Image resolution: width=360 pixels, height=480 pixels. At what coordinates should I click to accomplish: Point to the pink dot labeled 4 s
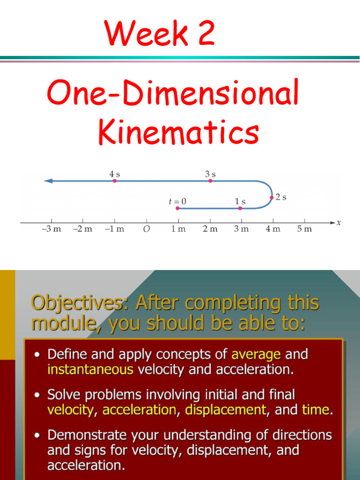click(x=115, y=180)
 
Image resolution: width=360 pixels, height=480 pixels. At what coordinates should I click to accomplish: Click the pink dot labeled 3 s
click(x=210, y=180)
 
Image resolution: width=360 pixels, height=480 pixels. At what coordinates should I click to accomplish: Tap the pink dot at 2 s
click(x=271, y=198)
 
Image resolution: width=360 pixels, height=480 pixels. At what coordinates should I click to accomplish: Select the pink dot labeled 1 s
click(x=240, y=208)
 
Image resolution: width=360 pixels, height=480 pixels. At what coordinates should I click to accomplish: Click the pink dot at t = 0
click(x=177, y=208)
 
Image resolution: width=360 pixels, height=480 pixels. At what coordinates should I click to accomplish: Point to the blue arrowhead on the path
click(x=48, y=180)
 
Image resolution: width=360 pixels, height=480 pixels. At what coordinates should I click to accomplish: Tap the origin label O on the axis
click(x=146, y=229)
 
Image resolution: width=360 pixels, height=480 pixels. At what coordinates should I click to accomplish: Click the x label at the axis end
click(x=339, y=223)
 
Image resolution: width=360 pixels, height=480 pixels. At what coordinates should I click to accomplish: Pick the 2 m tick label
click(x=210, y=229)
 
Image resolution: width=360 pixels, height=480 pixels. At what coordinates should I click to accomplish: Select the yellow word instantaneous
click(x=90, y=369)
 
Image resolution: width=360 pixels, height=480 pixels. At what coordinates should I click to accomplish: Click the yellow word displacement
click(x=225, y=410)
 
